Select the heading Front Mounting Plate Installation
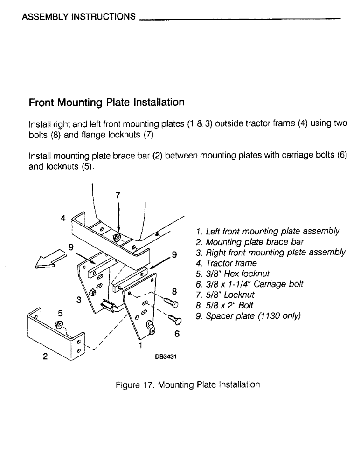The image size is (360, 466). point(107,102)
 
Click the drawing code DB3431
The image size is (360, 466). point(164,356)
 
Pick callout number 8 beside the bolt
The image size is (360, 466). point(174,291)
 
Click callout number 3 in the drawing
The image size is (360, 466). point(79,300)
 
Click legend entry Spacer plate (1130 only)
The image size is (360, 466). point(249,316)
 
